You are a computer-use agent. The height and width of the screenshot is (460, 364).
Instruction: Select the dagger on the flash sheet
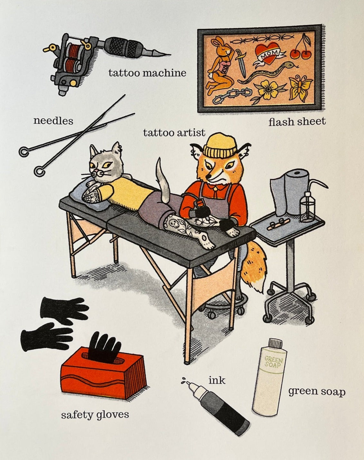pos(241,63)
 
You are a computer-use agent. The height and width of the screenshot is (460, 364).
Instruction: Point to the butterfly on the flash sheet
pos(301,88)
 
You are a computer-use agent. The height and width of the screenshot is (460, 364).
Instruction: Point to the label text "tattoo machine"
pos(147,73)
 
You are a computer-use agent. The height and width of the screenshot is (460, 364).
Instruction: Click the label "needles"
pos(53,121)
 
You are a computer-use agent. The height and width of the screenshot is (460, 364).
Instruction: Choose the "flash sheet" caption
pos(297,121)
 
